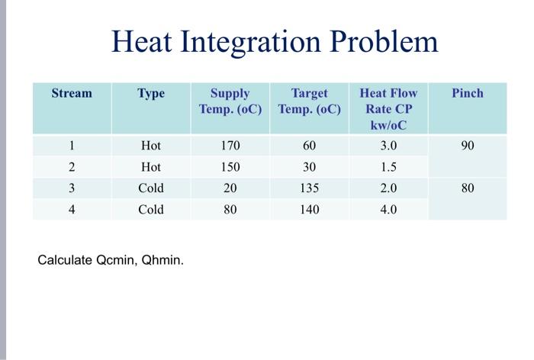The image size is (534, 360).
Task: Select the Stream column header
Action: (x=72, y=93)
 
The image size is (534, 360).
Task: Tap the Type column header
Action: (x=151, y=93)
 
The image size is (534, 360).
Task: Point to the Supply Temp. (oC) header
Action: (x=230, y=101)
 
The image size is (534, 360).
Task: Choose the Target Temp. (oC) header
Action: (x=309, y=101)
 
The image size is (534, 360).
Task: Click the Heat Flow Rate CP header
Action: (x=388, y=108)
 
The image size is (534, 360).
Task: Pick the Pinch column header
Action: (x=468, y=93)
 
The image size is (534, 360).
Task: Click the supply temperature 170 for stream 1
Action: (x=230, y=146)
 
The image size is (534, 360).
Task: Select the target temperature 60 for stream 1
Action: (x=309, y=146)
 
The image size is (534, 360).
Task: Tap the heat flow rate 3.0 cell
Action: (x=388, y=146)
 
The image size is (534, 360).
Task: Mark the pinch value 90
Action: (x=468, y=146)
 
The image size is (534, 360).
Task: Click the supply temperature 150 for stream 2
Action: (x=230, y=167)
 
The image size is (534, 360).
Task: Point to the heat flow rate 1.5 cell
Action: (x=388, y=167)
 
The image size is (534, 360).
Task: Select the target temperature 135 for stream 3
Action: (x=309, y=188)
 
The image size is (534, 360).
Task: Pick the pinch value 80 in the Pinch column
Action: (x=468, y=188)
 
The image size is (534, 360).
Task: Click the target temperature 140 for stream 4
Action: (x=309, y=209)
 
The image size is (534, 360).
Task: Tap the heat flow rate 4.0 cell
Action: (x=388, y=209)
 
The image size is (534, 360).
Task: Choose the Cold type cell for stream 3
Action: (x=151, y=188)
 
